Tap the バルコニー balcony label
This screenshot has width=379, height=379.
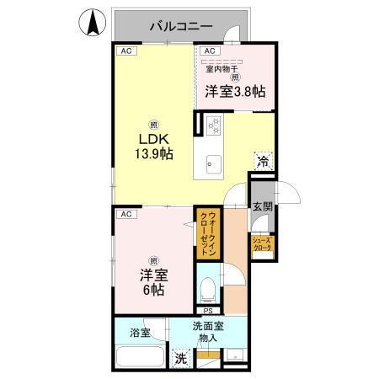coord(181,26)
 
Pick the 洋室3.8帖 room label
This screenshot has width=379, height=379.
coord(236,92)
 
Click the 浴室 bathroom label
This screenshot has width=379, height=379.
coord(140,332)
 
